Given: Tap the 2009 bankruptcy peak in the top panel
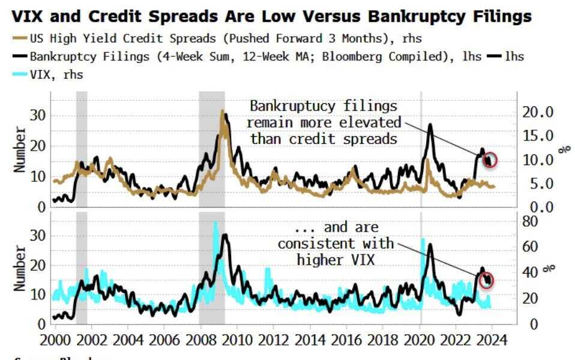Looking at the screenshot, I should pyautogui.click(x=223, y=111).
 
